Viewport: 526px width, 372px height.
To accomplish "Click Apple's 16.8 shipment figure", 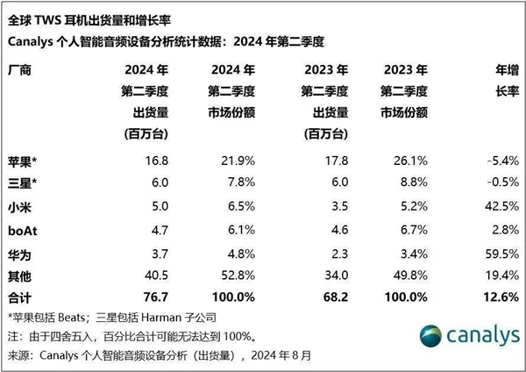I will coord(157,161).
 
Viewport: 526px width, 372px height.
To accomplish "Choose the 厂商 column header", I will coord(21,69).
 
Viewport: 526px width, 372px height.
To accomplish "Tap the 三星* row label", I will coord(24,184).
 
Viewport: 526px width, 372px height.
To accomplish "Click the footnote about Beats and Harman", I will coord(118,317).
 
